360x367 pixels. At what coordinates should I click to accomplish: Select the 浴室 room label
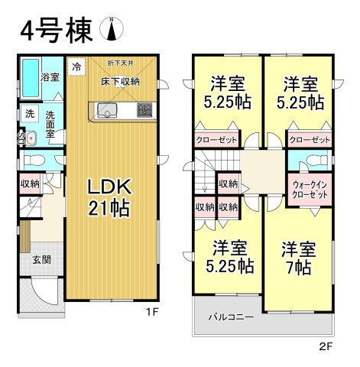(51, 77)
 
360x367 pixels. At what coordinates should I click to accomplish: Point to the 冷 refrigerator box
(76, 67)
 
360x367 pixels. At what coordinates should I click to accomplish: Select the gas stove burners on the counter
(143, 109)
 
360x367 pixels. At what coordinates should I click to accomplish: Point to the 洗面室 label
(50, 120)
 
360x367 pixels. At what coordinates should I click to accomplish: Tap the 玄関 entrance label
(41, 259)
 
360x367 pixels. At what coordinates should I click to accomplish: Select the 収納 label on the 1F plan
(29, 183)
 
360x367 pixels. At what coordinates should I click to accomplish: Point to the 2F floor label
(326, 346)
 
